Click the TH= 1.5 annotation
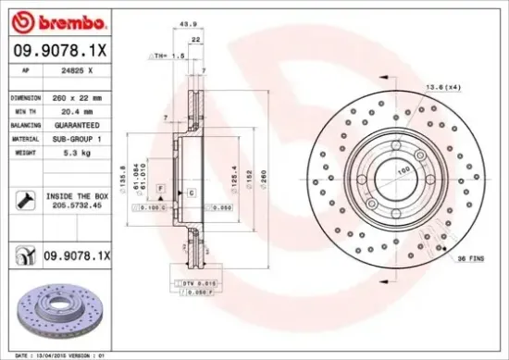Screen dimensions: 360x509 point(172,56)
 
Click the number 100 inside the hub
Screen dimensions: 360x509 point(403,172)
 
